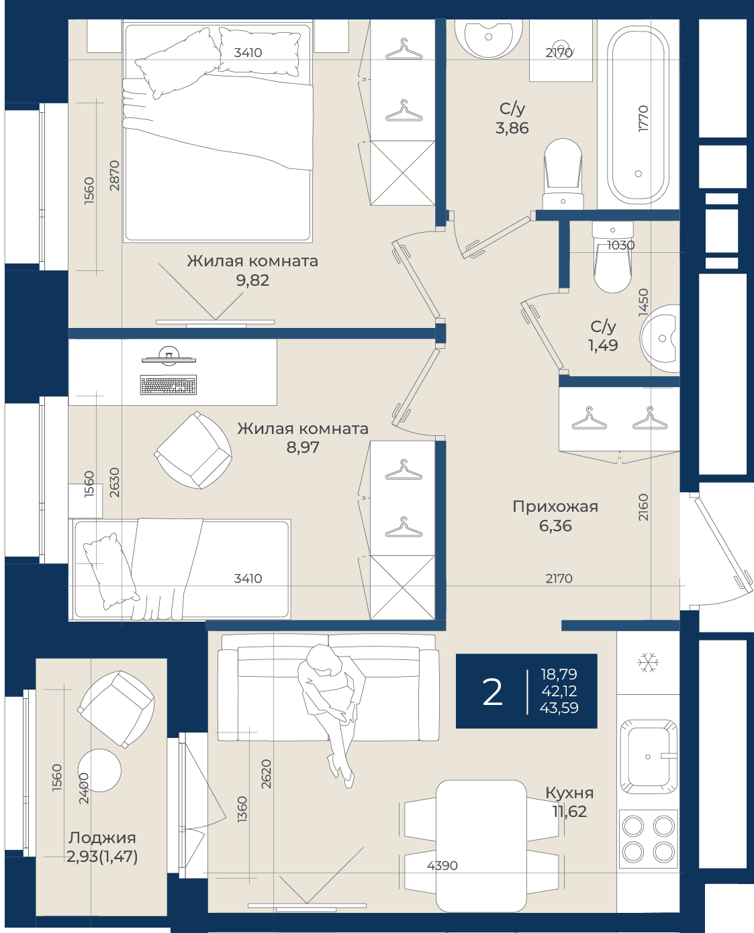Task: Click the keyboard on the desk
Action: click(169, 384)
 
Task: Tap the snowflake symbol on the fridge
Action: click(647, 662)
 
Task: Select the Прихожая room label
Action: click(555, 507)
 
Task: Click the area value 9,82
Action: click(252, 280)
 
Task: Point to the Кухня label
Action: click(569, 792)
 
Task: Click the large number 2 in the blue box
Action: click(492, 692)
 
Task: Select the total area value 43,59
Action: click(559, 708)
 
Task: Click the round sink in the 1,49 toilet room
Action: click(660, 338)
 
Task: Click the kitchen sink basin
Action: click(649, 757)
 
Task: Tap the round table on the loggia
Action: click(99, 770)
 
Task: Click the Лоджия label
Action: click(102, 838)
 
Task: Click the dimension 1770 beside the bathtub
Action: click(643, 118)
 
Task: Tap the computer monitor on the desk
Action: click(169, 355)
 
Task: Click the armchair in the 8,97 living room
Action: click(193, 450)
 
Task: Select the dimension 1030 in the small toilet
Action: click(621, 245)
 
